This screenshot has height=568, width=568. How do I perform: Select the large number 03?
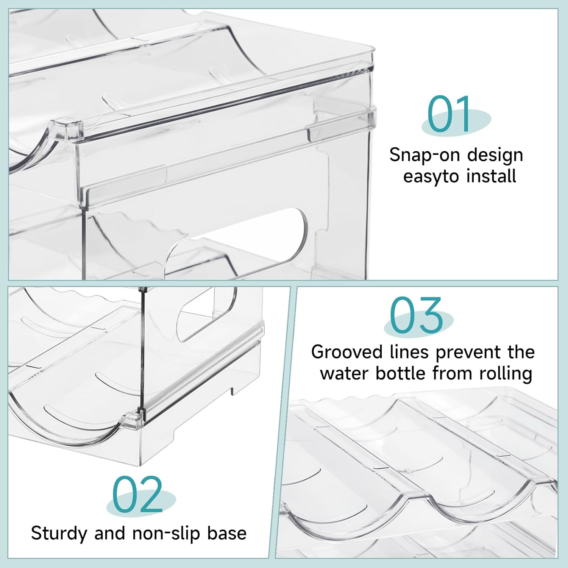tap(417, 315)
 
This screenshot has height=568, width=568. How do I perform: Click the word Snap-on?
tap(424, 155)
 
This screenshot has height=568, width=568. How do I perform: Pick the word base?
tap(227, 533)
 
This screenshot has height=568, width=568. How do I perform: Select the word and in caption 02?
tap(109, 533)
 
